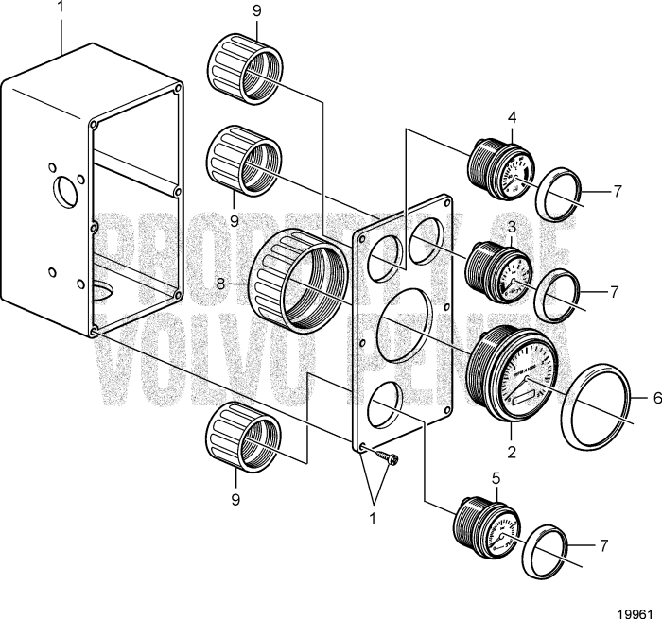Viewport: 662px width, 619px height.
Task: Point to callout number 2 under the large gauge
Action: (x=513, y=453)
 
